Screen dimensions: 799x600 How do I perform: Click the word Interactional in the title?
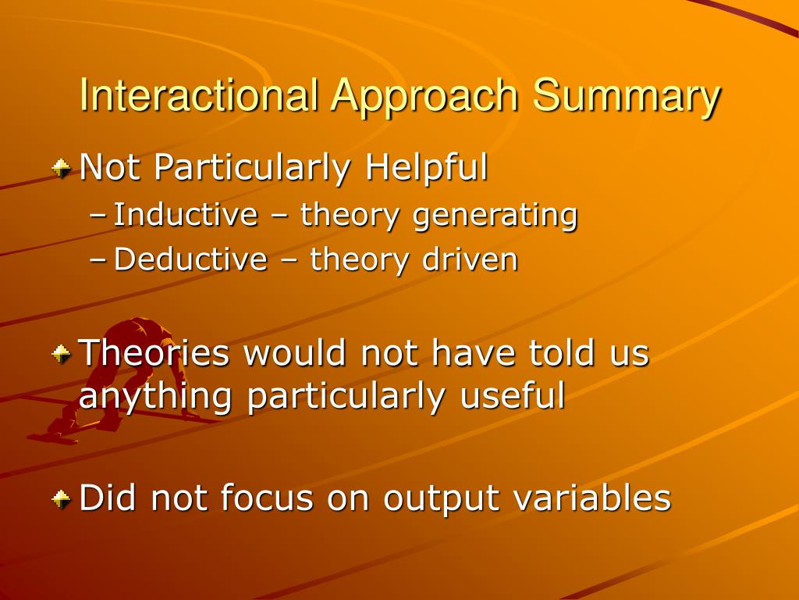pos(199,95)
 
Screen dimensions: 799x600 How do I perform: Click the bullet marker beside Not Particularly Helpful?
pos(61,169)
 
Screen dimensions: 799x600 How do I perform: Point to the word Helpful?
pos(427,167)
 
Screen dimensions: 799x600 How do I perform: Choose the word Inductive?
pos(186,214)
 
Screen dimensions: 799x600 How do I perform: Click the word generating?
pos(495,216)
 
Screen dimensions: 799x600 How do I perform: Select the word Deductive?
pos(190,259)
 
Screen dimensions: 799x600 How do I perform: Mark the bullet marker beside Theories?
pos(61,354)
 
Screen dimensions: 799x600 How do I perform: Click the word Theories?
pos(154,352)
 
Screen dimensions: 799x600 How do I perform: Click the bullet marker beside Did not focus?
pos(61,498)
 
